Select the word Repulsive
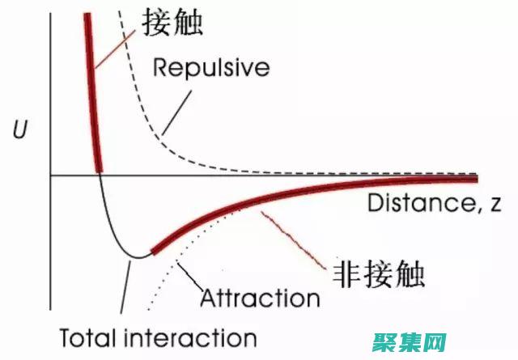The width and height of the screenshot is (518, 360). (x=211, y=67)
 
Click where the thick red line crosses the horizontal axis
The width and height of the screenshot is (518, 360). (x=99, y=173)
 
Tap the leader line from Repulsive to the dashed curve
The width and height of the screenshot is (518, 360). (x=179, y=109)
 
